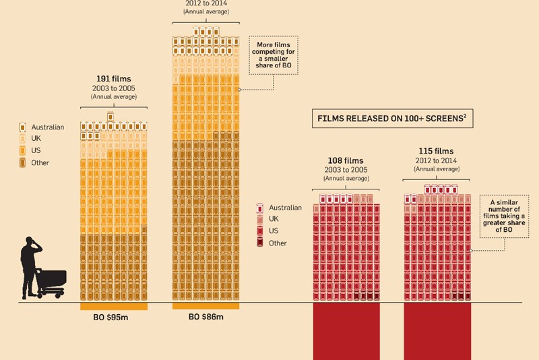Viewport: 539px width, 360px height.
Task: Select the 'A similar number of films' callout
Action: click(503, 216)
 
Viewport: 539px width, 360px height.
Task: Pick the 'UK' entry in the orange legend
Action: click(35, 139)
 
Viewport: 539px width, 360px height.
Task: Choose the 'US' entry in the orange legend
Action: click(35, 150)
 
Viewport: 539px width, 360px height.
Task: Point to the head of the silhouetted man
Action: click(30, 241)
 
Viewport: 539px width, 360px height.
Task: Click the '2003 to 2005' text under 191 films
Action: click(113, 88)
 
